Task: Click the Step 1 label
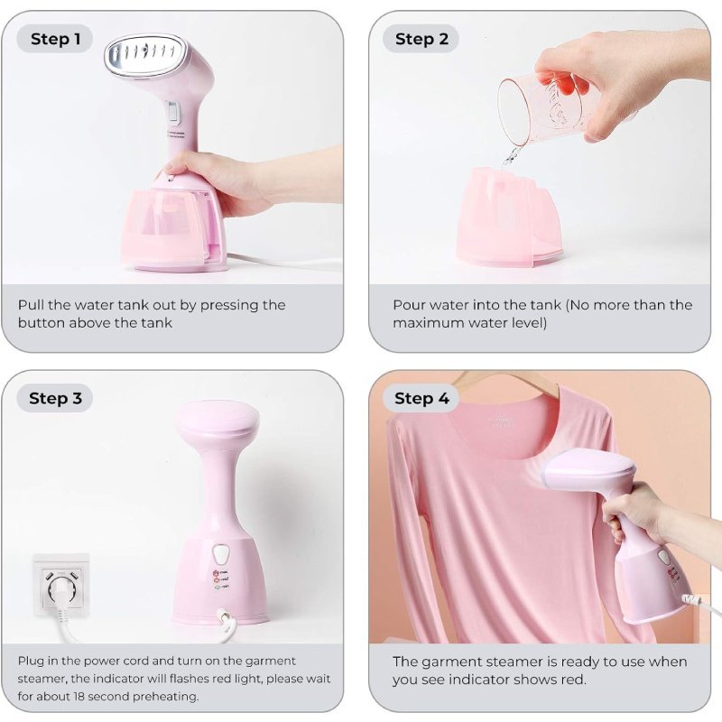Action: pyautogui.click(x=55, y=39)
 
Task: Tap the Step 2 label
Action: pyautogui.click(x=421, y=39)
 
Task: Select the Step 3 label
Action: pyautogui.click(x=55, y=398)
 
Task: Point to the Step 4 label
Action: pyautogui.click(x=421, y=398)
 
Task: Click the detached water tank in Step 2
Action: pyautogui.click(x=509, y=217)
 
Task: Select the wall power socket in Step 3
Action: pyautogui.click(x=60, y=585)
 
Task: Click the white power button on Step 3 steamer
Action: pyautogui.click(x=221, y=554)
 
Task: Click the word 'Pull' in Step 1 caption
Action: pyautogui.click(x=32, y=305)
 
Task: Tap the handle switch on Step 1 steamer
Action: pyautogui.click(x=172, y=114)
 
